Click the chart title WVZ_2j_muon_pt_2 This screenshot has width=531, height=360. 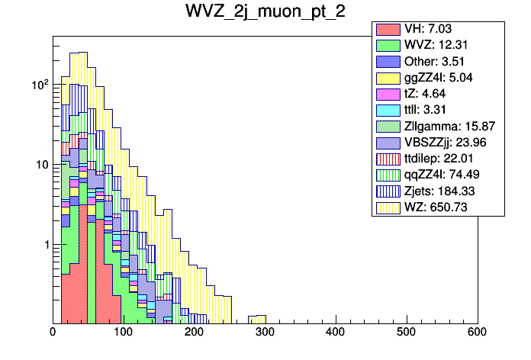[265, 12]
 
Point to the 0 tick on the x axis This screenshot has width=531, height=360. [53, 333]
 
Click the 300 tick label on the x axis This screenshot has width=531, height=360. [265, 333]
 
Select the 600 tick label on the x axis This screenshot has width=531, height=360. [477, 333]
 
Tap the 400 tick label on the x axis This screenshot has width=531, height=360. [336, 333]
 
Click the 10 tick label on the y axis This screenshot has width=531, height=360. [39, 165]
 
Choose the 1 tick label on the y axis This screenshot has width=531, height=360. [43, 245]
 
